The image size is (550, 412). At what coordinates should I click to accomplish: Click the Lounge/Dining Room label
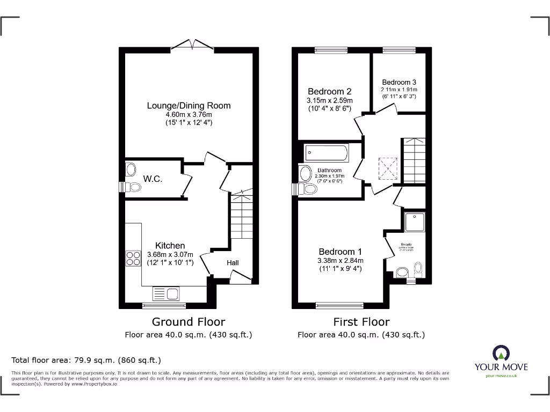point(189,106)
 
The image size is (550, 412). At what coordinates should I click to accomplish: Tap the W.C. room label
point(153,179)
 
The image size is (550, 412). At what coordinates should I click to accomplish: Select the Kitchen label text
point(170,246)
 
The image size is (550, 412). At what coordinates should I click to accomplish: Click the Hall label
point(233,263)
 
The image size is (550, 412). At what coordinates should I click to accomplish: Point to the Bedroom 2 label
point(329,91)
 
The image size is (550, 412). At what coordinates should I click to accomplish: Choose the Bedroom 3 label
point(399,82)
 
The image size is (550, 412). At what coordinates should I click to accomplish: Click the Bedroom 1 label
point(340,252)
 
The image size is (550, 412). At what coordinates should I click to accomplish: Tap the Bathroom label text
point(329,171)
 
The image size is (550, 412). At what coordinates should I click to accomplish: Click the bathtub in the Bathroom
point(326,153)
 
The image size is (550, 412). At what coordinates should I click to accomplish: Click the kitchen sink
point(167,293)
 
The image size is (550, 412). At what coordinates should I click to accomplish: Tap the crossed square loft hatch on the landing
point(388,167)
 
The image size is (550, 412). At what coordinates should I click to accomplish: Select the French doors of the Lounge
point(192,46)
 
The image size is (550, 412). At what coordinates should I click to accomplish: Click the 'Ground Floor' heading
point(188,322)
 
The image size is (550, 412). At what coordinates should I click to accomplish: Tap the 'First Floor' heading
point(361,322)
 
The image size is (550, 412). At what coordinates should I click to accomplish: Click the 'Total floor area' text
point(86,360)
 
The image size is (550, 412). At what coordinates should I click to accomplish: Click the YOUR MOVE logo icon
point(500,353)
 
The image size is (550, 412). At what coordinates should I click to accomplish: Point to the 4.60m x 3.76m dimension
point(189,114)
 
